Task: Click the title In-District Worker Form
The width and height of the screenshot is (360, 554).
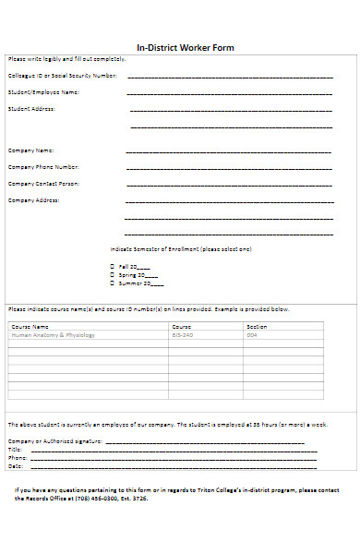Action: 186,48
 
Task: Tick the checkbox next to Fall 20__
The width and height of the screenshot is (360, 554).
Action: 112,266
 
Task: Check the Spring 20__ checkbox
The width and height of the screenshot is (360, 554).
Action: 112,274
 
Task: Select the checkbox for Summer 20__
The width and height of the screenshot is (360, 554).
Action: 112,283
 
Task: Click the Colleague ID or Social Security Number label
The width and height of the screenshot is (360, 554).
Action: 63,75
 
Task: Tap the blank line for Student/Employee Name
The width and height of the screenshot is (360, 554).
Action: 229,93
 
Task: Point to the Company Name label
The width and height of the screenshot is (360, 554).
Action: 31,150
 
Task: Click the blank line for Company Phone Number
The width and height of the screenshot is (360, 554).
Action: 229,168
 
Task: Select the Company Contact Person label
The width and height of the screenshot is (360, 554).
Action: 44,184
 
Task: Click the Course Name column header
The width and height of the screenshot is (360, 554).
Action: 30,327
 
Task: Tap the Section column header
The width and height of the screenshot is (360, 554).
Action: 257,327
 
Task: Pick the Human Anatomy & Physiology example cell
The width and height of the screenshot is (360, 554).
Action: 53,335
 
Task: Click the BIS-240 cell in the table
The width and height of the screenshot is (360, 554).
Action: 182,335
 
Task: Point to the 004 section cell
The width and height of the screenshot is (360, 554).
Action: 251,335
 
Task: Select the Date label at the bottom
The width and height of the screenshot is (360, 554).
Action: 15,465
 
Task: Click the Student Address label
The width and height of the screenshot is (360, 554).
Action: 32,109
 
